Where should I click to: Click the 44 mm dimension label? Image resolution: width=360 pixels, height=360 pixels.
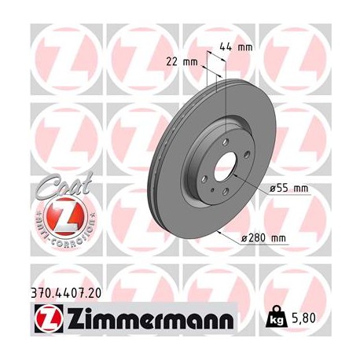coord(240,47)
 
